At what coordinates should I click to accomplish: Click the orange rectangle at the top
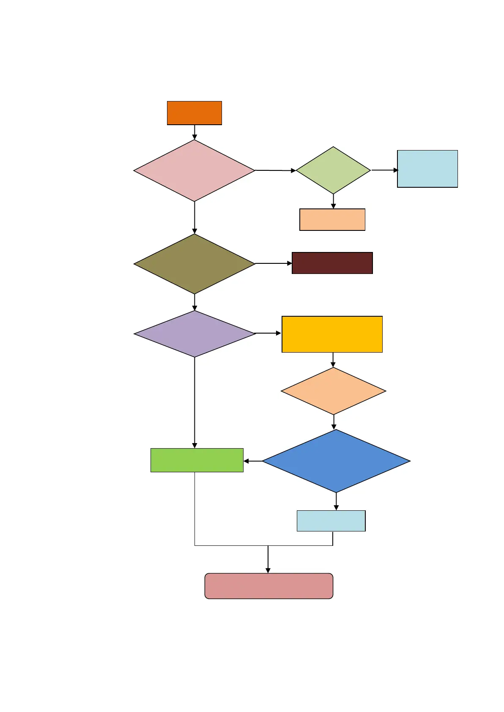(x=194, y=113)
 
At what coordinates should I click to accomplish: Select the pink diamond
(x=194, y=170)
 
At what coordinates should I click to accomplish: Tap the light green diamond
(x=333, y=170)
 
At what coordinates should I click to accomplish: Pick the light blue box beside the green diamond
(x=427, y=169)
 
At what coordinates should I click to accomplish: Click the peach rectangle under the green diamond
(x=332, y=219)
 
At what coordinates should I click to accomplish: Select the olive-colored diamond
(x=194, y=264)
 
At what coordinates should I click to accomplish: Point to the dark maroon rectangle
(x=332, y=263)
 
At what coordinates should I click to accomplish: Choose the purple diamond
(x=194, y=334)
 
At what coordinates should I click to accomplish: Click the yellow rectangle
(x=332, y=334)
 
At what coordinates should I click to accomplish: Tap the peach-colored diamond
(x=333, y=391)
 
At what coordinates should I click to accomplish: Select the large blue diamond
(x=336, y=461)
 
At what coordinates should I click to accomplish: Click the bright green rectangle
(x=197, y=460)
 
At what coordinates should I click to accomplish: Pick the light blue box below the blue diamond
(x=331, y=521)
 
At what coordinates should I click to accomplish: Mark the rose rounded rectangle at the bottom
(x=269, y=586)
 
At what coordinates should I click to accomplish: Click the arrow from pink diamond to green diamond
(x=275, y=170)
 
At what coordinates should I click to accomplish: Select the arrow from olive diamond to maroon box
(x=274, y=263)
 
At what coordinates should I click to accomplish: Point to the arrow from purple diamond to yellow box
(x=268, y=333)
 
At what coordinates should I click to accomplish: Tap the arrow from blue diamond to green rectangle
(x=253, y=461)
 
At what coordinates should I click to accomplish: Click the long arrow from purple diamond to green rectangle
(x=194, y=402)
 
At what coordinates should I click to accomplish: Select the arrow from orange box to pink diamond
(x=194, y=132)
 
